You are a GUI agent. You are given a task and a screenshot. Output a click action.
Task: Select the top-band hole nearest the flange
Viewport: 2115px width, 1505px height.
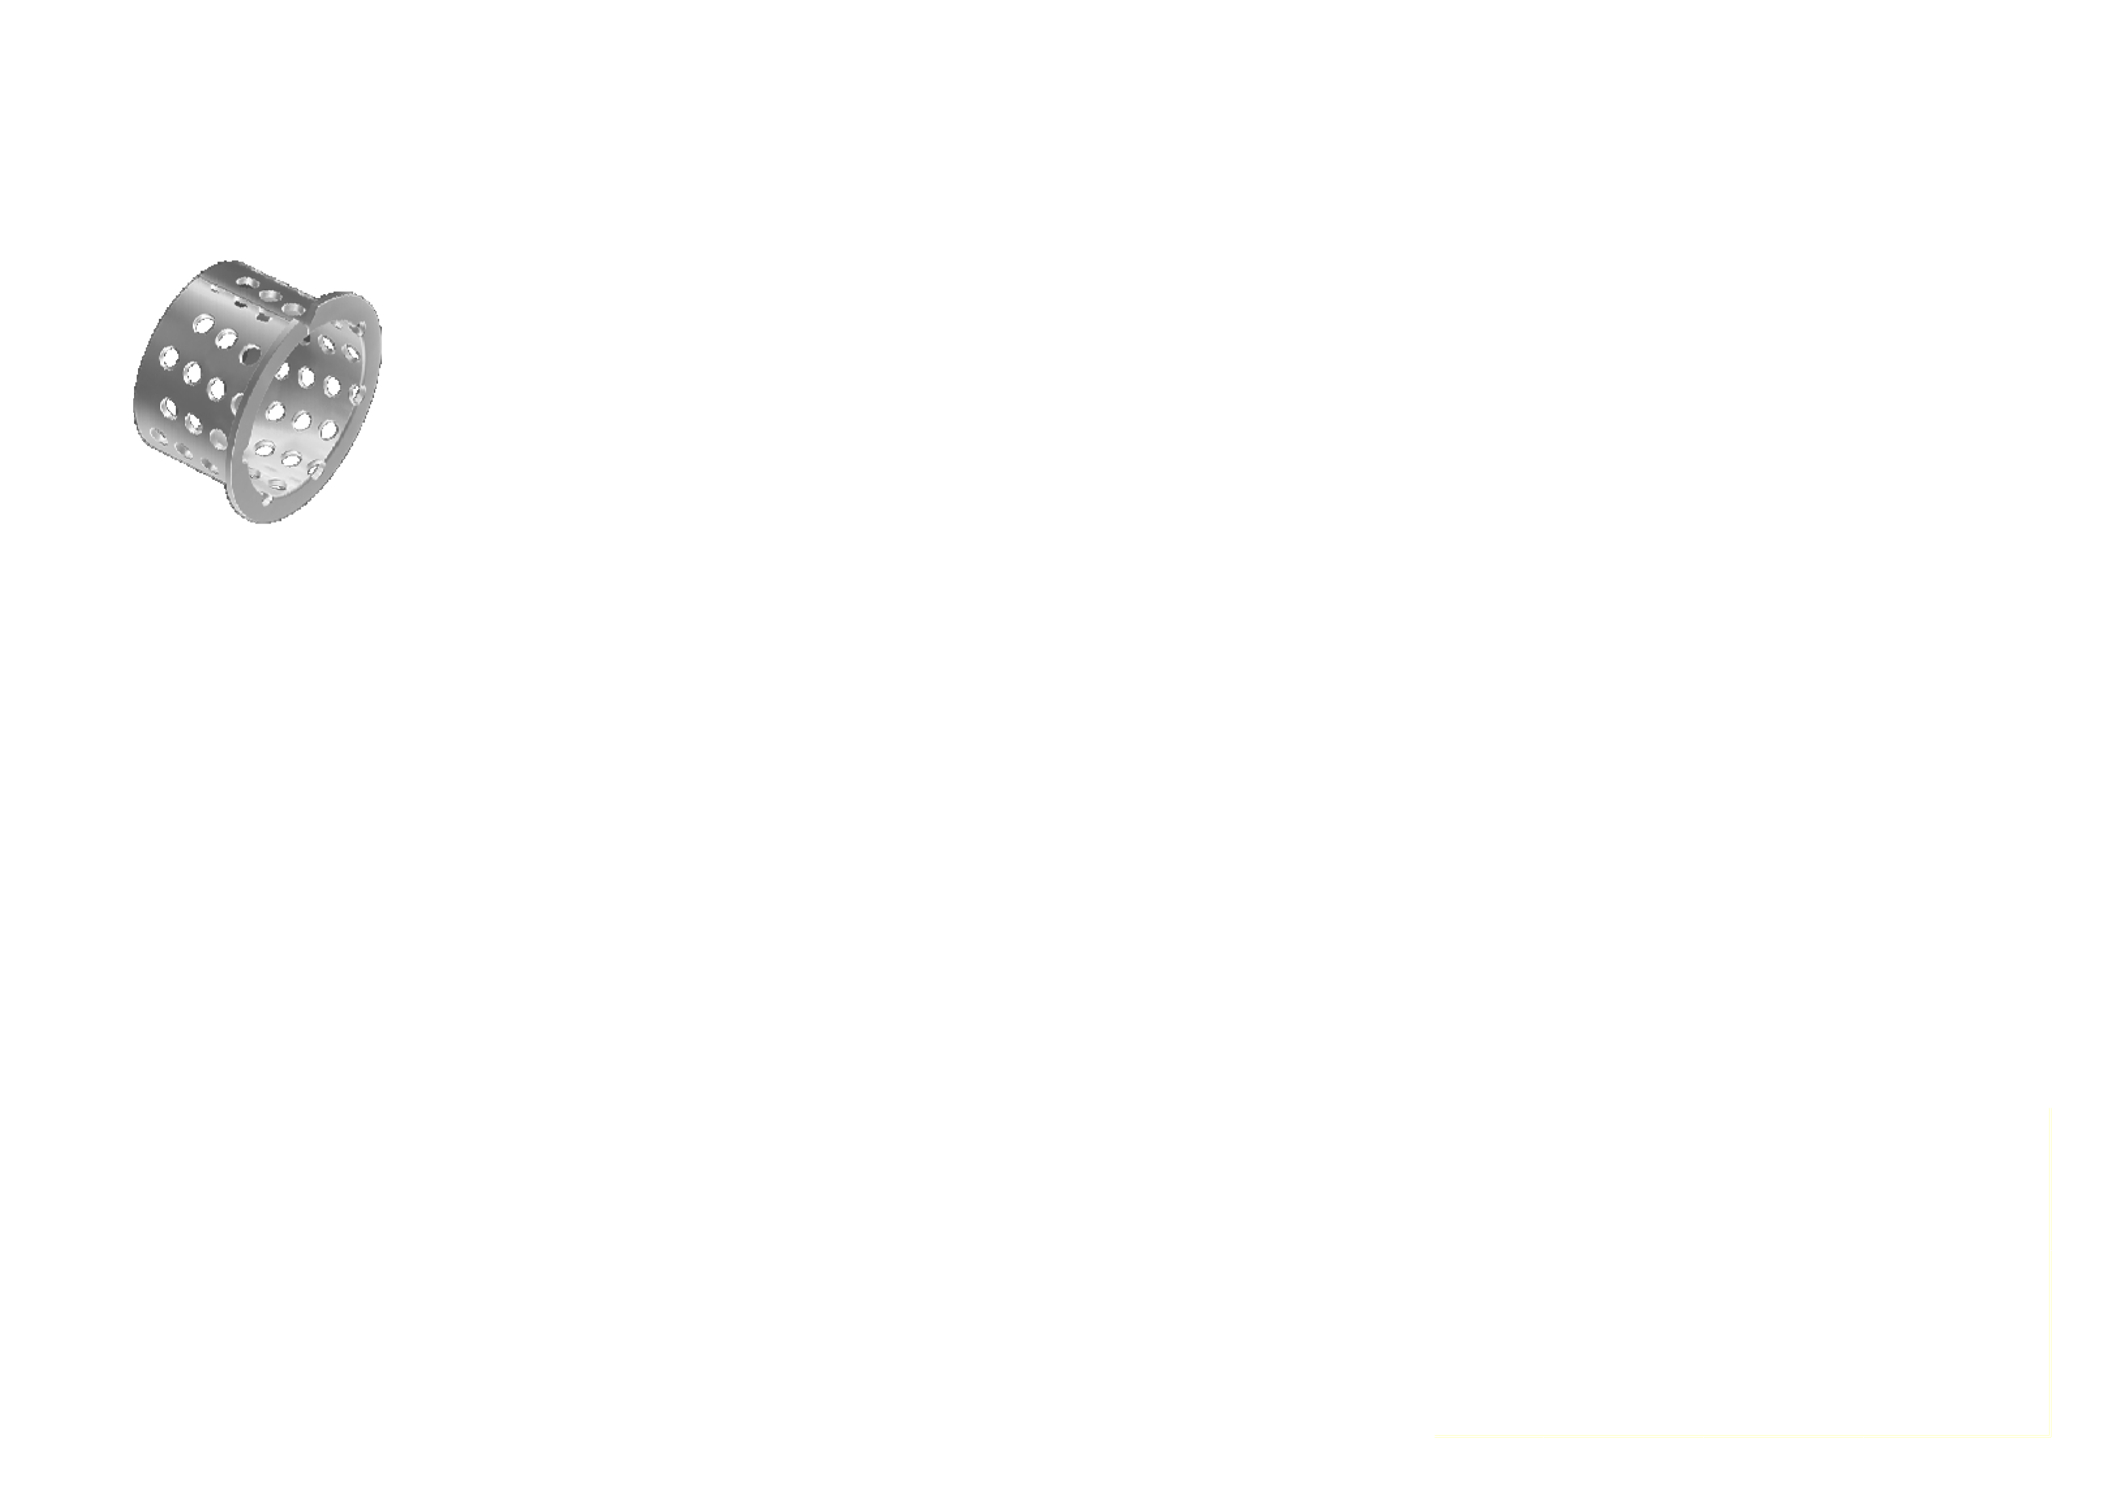[295, 308]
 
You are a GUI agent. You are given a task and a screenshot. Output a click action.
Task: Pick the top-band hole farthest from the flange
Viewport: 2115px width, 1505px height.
[246, 282]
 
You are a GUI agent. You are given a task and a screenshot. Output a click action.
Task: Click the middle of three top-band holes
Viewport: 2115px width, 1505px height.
[271, 295]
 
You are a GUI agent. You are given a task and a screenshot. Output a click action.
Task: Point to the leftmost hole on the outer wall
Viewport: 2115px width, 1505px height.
[169, 357]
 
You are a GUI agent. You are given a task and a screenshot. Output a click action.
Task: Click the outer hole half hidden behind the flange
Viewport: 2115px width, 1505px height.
[238, 401]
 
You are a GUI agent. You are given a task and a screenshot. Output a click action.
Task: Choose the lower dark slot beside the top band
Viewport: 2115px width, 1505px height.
[264, 318]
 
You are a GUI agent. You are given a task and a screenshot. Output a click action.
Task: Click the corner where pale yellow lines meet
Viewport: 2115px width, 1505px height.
[2050, 1436]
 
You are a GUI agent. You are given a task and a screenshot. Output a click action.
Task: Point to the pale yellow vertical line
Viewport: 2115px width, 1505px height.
[2050, 1270]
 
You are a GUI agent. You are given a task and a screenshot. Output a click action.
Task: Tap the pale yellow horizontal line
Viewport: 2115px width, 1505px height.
[1742, 1436]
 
